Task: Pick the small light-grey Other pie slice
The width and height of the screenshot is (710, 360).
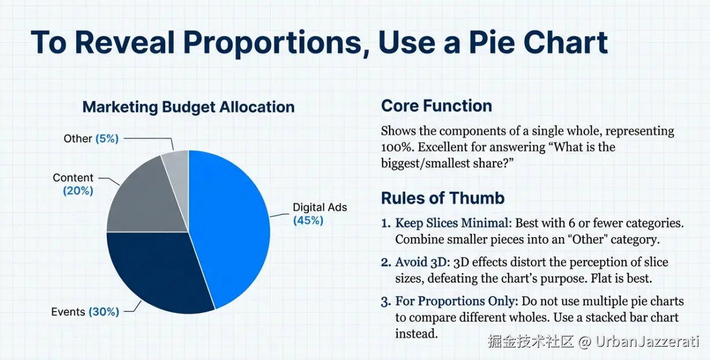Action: [178, 168]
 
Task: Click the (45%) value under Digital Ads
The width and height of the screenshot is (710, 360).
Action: [308, 220]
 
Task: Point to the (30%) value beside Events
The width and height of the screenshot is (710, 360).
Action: [104, 312]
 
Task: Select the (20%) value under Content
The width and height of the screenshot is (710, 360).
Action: [78, 191]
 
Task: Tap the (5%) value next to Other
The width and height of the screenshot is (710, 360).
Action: [107, 138]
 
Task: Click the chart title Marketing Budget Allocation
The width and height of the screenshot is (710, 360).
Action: [189, 107]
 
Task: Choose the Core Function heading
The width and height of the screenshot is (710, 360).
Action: [436, 106]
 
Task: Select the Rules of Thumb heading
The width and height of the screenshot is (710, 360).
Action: [443, 198]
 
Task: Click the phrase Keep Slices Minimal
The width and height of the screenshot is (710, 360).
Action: [451, 223]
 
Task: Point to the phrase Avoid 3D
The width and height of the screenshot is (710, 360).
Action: [421, 262]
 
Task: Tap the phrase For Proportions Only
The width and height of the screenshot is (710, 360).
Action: [455, 301]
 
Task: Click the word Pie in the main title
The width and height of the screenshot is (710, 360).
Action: [492, 43]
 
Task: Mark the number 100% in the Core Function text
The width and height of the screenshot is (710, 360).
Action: [398, 147]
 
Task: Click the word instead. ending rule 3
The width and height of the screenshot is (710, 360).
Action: [417, 333]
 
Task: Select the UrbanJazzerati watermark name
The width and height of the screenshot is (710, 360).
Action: [647, 342]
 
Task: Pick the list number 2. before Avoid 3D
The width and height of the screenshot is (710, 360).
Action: [386, 262]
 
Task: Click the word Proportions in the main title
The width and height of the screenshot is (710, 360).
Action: [272, 43]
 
